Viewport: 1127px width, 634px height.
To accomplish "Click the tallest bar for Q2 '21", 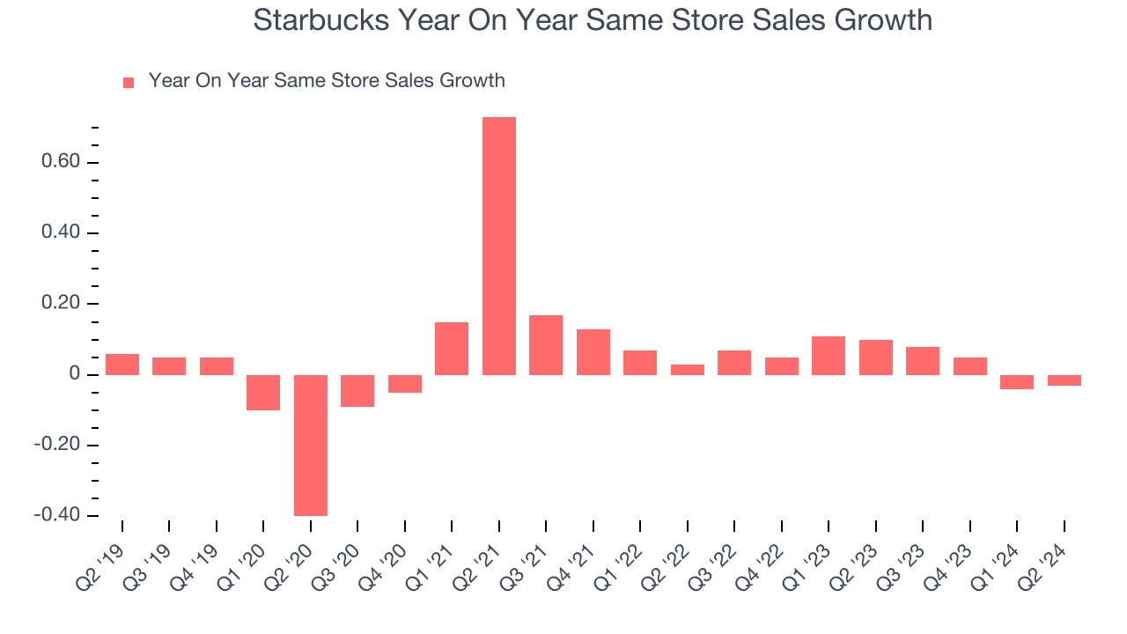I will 499,246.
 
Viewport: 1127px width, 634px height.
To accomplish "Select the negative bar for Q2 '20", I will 311,445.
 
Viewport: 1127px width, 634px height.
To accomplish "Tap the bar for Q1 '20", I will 263,393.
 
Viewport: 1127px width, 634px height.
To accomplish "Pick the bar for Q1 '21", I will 452,349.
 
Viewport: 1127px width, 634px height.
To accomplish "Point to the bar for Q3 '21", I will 546,345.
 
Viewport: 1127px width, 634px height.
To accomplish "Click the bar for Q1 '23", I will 829,356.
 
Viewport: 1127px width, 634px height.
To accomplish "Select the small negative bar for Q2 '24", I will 1064,380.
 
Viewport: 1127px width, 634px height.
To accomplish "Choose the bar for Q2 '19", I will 122,365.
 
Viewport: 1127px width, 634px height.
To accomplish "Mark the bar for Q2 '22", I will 688,370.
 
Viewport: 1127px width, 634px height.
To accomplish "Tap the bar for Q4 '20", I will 405,384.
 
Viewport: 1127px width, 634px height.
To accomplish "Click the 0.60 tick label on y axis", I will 58,163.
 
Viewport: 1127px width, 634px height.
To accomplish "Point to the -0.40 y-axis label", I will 55,516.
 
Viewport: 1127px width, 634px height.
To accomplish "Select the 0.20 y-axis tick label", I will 58,304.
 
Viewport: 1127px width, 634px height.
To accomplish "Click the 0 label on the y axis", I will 75,375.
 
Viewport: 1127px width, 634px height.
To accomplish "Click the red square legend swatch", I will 129,83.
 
